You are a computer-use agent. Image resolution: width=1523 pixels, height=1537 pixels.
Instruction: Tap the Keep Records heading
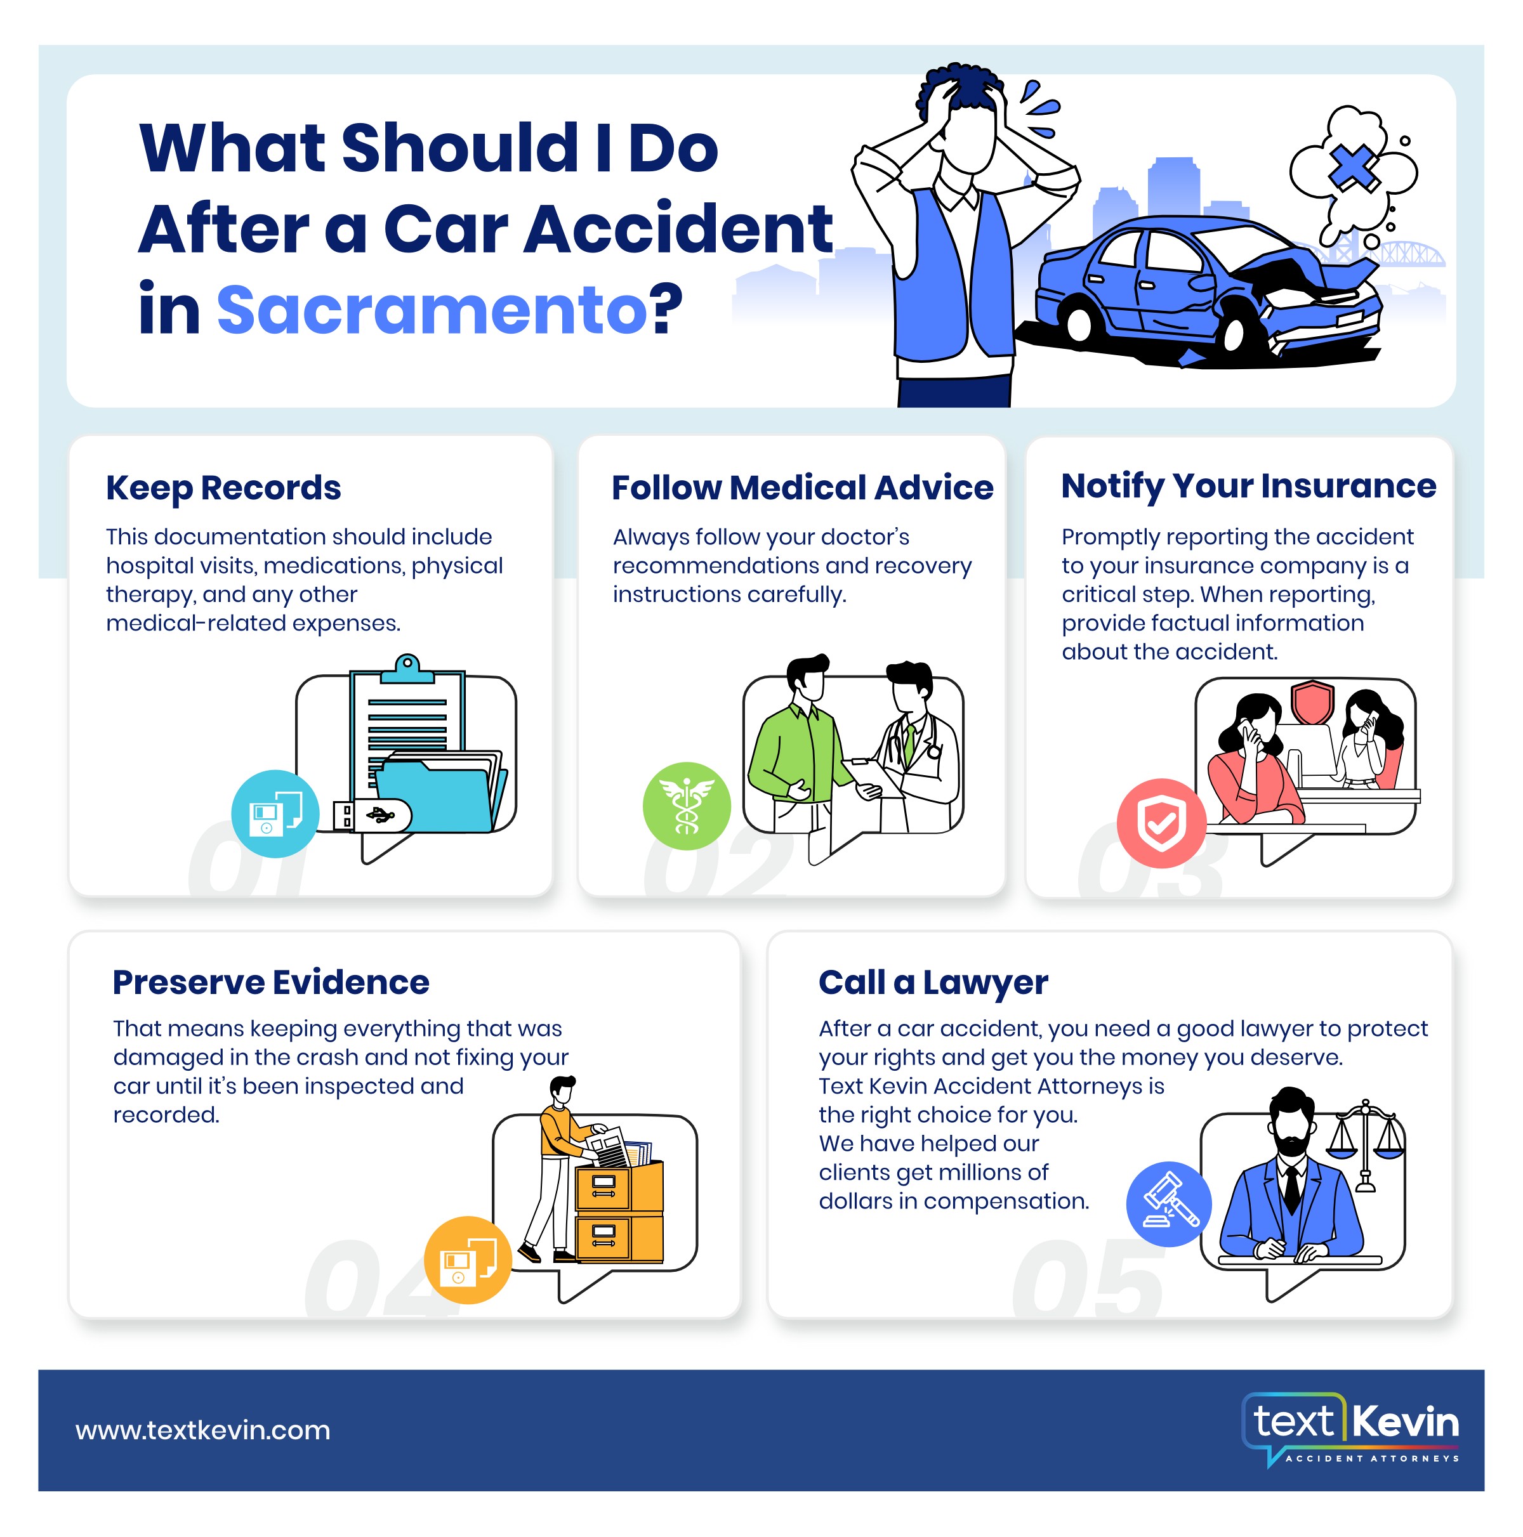(x=223, y=488)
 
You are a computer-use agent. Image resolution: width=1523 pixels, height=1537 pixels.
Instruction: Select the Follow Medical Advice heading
(x=802, y=488)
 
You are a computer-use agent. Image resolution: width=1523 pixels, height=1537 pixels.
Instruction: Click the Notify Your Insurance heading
(x=1248, y=486)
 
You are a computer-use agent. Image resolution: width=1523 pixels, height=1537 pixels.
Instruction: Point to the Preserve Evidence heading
(x=270, y=983)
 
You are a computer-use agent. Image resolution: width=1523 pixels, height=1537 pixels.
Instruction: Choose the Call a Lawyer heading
(x=933, y=983)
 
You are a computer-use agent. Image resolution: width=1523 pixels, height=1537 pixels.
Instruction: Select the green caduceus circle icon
(x=687, y=806)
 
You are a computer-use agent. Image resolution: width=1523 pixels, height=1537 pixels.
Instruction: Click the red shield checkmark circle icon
(x=1161, y=823)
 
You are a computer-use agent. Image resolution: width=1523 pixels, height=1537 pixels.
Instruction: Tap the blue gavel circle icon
(x=1169, y=1205)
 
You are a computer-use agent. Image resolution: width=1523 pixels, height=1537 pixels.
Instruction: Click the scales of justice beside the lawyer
(x=1366, y=1146)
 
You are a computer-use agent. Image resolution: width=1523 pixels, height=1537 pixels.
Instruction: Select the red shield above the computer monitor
(x=1312, y=700)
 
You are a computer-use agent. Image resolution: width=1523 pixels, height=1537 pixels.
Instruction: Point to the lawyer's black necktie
(x=1291, y=1187)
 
